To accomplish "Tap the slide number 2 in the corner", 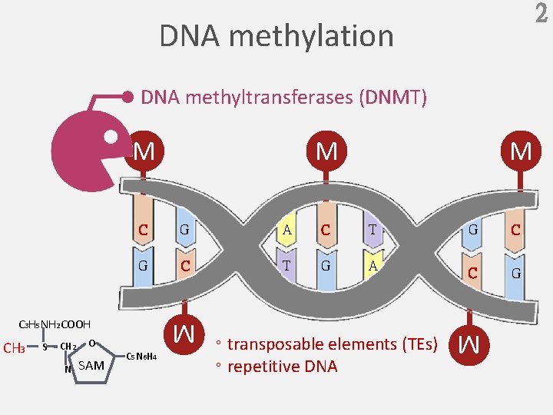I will [x=539, y=14].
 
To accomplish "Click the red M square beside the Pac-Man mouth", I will [x=143, y=151].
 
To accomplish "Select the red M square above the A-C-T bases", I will [x=326, y=151].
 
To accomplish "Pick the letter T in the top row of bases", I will [x=372, y=229].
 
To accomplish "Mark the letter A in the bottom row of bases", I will [x=372, y=266].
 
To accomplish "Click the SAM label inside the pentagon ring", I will [x=91, y=365].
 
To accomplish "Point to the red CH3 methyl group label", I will [x=15, y=348].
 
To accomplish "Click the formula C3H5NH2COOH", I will [x=55, y=325].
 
